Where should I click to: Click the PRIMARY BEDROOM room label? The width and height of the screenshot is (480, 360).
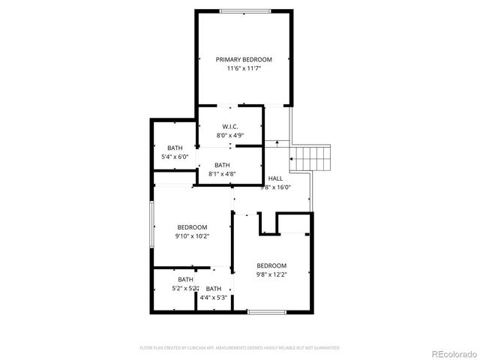(244, 59)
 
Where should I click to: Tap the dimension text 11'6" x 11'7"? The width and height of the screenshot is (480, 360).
(244, 68)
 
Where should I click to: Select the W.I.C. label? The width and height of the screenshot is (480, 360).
(230, 126)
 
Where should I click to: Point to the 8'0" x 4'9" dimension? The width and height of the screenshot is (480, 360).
(230, 136)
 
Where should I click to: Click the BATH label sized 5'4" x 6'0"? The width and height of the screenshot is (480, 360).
(175, 148)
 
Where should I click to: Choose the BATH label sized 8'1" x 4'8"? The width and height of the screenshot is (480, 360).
(222, 165)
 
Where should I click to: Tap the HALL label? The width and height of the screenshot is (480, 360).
(275, 178)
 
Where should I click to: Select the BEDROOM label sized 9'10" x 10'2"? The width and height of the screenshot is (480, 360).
(192, 227)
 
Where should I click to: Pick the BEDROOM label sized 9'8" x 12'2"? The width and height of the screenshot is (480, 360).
(271, 265)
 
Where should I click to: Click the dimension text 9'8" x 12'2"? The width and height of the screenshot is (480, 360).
(271, 274)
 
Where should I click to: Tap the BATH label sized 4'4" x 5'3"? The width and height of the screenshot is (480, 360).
(214, 289)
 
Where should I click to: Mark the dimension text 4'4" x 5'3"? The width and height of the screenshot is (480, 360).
(214, 298)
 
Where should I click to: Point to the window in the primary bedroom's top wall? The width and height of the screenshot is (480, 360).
(244, 10)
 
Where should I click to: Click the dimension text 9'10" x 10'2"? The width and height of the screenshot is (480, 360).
(192, 236)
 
